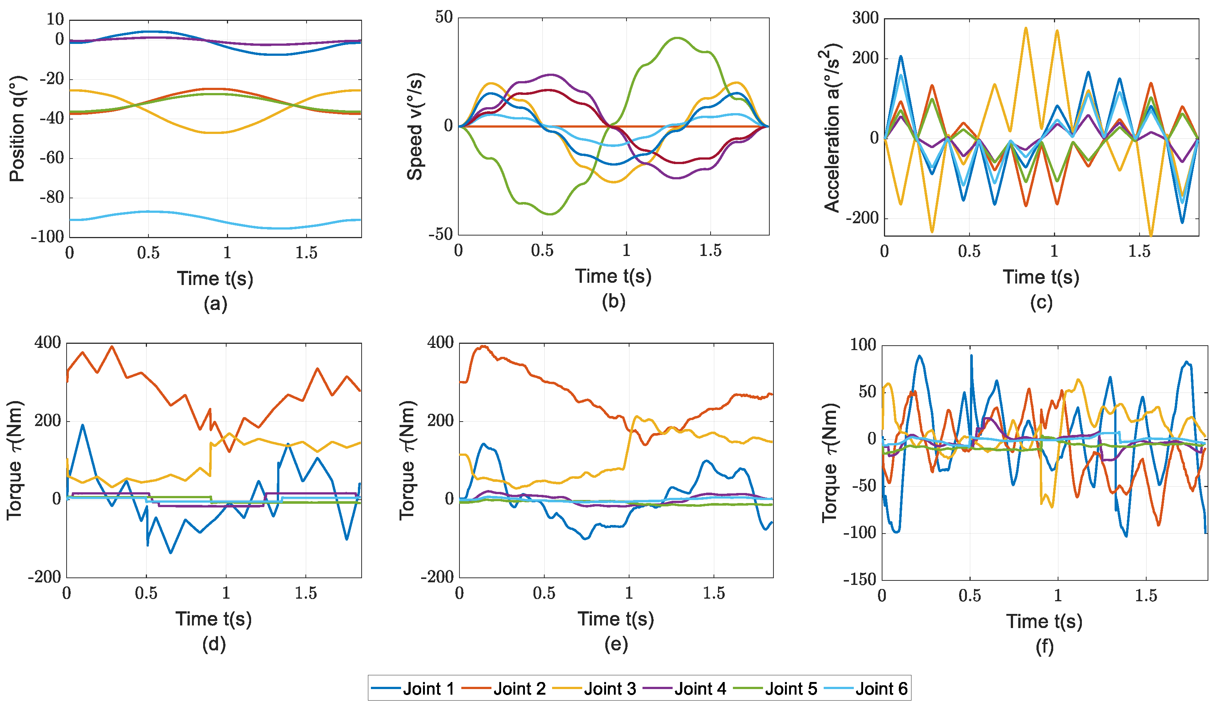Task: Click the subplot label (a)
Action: click(215, 304)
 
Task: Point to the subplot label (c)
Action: click(1041, 302)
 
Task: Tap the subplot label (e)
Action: click(616, 644)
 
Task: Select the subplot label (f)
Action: click(1044, 647)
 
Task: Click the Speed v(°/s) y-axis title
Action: click(415, 127)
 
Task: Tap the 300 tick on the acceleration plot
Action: click(865, 19)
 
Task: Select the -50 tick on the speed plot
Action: click(440, 235)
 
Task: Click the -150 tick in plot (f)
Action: click(859, 579)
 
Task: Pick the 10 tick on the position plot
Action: click(55, 19)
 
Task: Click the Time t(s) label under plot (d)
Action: click(214, 619)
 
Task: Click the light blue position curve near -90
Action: click(148, 212)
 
